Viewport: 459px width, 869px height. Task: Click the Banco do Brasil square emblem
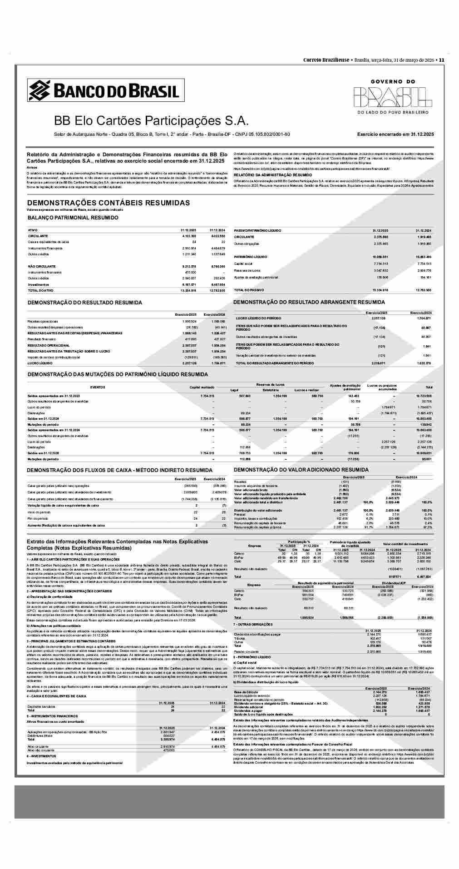[x=39, y=90]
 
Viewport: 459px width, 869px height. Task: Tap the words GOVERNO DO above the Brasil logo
[x=393, y=82]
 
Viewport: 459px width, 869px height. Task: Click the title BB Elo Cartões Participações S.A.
[x=151, y=121]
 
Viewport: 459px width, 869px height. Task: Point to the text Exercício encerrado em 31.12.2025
[x=395, y=134]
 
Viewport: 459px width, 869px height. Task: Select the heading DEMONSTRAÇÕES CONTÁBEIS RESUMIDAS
[x=109, y=203]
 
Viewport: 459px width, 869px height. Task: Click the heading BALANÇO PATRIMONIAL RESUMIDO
[x=73, y=218]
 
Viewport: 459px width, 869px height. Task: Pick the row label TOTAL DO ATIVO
[x=40, y=290]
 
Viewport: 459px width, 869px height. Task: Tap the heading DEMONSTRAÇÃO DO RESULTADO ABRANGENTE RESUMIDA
[x=309, y=302]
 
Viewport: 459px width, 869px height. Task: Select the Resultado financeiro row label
[x=41, y=339]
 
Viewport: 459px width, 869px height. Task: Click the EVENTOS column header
[x=98, y=387]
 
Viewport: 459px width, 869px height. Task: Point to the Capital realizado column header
[x=202, y=387]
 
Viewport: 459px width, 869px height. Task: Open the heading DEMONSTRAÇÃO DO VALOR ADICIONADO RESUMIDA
[x=301, y=470]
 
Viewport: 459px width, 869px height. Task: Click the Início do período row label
[x=39, y=512]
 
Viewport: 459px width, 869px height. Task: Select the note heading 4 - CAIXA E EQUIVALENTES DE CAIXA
[x=56, y=696]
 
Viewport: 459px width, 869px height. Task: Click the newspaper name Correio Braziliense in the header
[x=326, y=60]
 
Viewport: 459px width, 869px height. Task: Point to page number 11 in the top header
[x=441, y=60]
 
